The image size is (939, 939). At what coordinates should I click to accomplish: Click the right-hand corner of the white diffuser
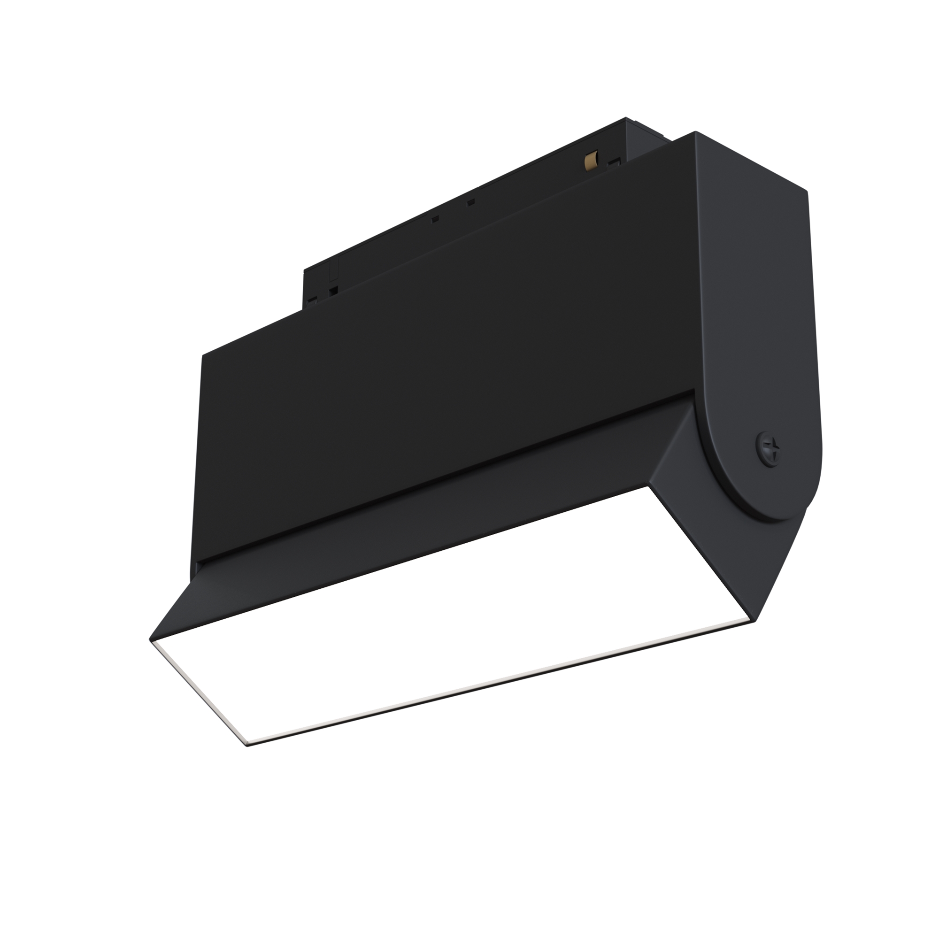755,622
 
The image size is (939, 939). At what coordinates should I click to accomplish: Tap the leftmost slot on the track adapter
311,299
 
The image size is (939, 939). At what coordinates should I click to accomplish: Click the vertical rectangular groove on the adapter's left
333,271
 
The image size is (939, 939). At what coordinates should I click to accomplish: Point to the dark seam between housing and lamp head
438,479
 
